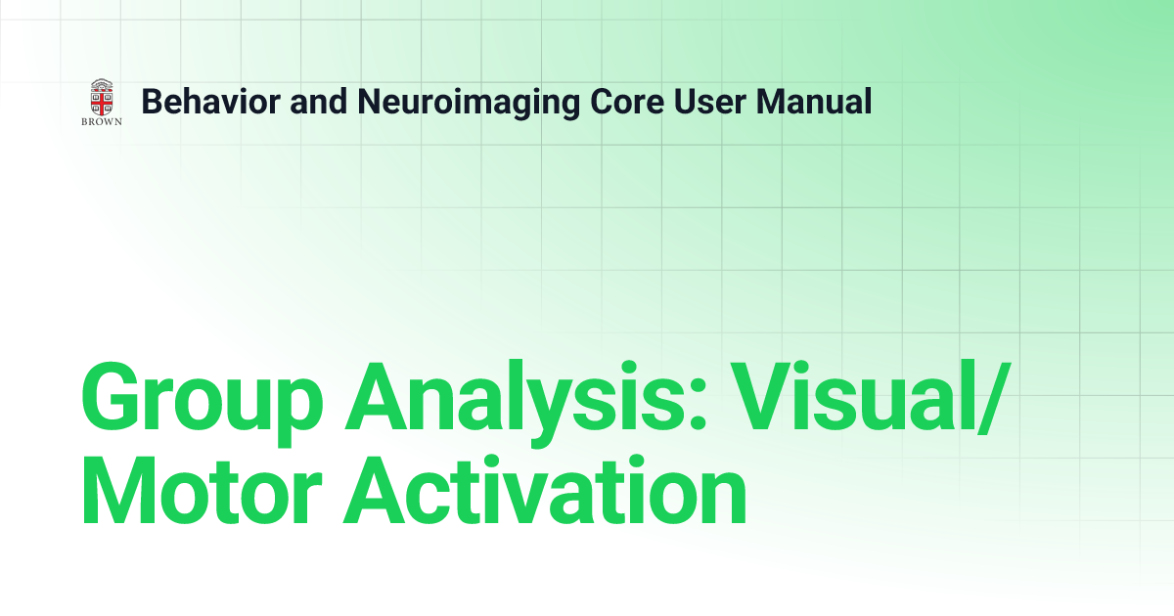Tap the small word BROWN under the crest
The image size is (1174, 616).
point(101,122)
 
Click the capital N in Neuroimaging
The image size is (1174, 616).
point(366,101)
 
